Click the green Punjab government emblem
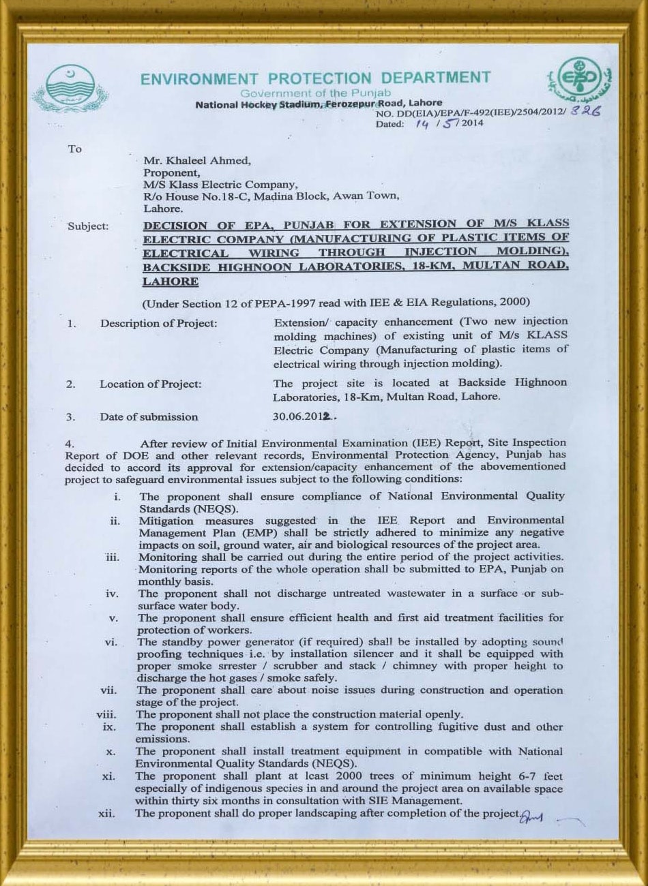click(69, 89)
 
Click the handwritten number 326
click(586, 112)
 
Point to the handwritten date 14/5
click(434, 124)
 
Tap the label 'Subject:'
click(87, 226)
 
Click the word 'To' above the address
click(74, 149)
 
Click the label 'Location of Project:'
click(151, 384)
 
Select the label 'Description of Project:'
click(158, 323)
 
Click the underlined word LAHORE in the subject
click(171, 281)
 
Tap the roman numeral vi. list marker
click(112, 642)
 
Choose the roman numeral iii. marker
click(113, 557)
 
